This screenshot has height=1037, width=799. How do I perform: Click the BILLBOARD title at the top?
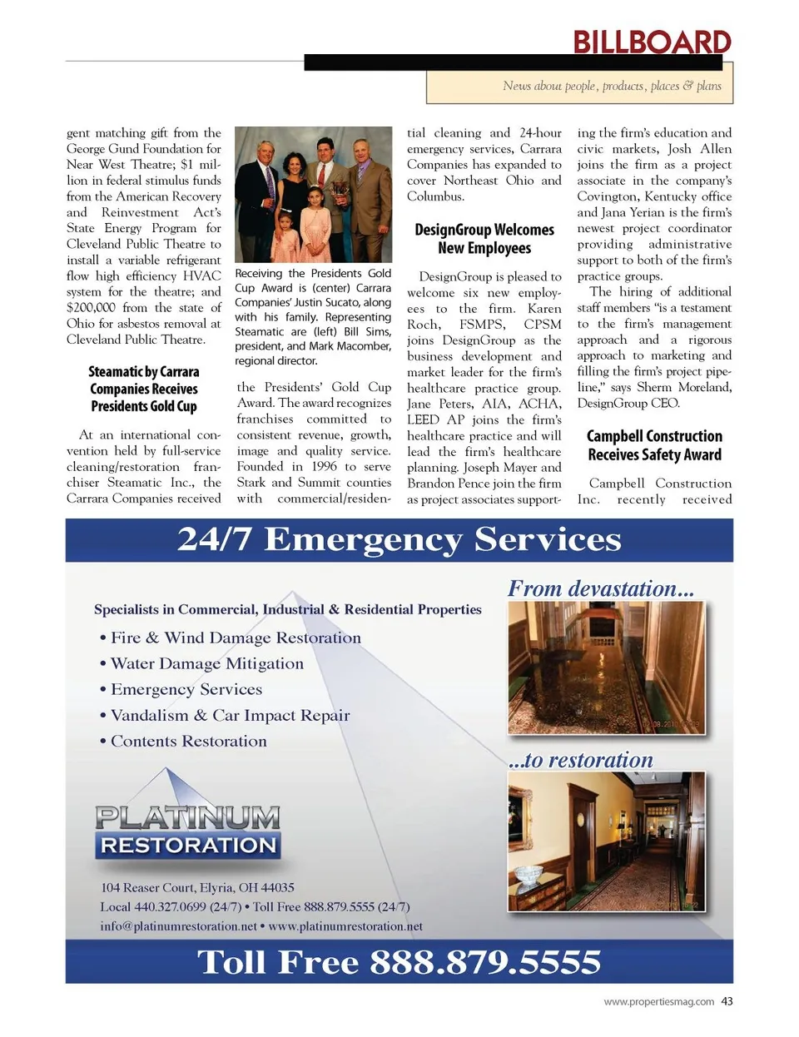[652, 42]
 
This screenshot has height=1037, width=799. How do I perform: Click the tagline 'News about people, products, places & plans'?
[612, 86]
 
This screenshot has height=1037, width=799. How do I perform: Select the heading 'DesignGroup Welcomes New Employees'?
[484, 239]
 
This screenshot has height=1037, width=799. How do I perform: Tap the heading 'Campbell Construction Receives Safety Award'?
[654, 445]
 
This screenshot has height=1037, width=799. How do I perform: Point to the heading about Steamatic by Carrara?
[144, 389]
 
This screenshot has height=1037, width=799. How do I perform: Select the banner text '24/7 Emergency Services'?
[399, 539]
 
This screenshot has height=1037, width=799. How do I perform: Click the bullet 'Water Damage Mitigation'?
[206, 663]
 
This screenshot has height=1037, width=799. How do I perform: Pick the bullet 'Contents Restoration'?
[188, 741]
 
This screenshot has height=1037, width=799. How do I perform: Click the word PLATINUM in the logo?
[188, 817]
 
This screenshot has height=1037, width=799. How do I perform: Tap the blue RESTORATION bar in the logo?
[188, 846]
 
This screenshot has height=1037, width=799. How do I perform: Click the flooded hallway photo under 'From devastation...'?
[606, 667]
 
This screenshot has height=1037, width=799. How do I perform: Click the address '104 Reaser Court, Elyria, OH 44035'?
[197, 887]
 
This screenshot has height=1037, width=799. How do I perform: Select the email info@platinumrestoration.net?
[178, 926]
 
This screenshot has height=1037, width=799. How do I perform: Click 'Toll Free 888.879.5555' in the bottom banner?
[399, 962]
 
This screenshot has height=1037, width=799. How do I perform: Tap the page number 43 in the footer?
[727, 1001]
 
